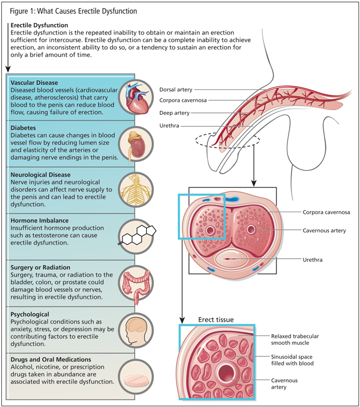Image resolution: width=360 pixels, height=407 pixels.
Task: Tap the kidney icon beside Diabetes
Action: click(138, 141)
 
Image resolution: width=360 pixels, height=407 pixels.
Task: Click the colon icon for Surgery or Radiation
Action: click(138, 282)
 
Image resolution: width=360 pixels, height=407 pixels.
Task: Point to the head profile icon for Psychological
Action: click(138, 330)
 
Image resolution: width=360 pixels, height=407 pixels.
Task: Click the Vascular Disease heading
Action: click(34, 83)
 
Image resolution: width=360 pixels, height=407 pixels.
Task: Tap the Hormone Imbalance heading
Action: click(39, 220)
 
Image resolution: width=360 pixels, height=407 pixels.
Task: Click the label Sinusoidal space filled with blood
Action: click(295, 361)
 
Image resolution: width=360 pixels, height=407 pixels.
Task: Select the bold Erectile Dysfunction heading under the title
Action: click(39, 25)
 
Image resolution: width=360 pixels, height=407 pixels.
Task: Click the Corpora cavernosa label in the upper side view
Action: click(184, 101)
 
